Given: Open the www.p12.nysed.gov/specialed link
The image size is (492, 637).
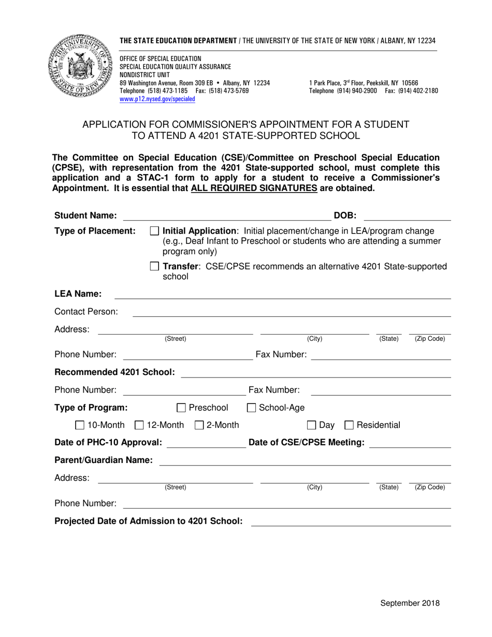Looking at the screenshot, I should [x=157, y=99].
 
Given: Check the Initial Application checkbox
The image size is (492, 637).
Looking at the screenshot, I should [x=154, y=230].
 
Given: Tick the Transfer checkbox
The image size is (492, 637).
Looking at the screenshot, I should [x=154, y=266].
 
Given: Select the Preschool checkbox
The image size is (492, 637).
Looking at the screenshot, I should [x=181, y=408].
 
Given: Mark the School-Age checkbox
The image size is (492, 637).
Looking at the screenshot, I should [x=251, y=408].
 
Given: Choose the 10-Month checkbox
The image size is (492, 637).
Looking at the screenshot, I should [x=80, y=425].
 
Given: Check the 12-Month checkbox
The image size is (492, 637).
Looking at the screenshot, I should [x=139, y=425].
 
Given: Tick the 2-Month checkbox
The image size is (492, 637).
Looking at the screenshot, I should [x=199, y=425].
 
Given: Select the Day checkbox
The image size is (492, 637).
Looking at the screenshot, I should [x=311, y=425].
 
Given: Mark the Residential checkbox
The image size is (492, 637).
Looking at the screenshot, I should [x=349, y=425].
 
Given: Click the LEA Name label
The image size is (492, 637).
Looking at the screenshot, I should [x=78, y=294].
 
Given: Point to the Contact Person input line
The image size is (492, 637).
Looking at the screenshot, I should [x=292, y=312].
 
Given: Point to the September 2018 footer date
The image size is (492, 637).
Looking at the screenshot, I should [x=410, y=603].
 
